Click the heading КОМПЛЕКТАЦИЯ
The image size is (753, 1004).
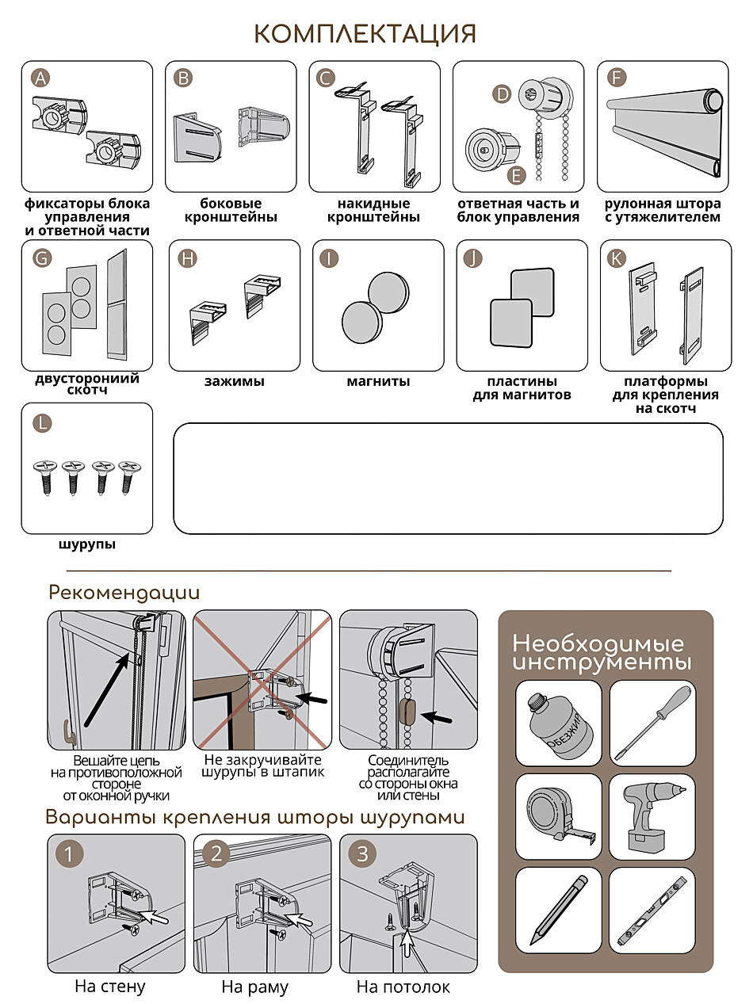pyautogui.click(x=365, y=34)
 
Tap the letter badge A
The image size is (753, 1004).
pyautogui.click(x=41, y=78)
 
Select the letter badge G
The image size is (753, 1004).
pyautogui.click(x=43, y=258)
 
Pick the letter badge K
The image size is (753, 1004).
pyautogui.click(x=616, y=258)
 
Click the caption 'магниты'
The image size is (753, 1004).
pyautogui.click(x=378, y=382)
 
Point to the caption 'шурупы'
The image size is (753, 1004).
pyautogui.click(x=86, y=545)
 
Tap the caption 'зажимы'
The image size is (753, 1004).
pyautogui.click(x=235, y=382)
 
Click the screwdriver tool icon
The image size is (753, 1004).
pyautogui.click(x=652, y=723)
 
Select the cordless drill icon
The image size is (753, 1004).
pyautogui.click(x=652, y=817)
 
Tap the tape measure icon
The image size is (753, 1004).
pyautogui.click(x=558, y=817)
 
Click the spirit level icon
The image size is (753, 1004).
pyautogui.click(x=652, y=910)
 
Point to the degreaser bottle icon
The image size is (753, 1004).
pyautogui.click(x=558, y=723)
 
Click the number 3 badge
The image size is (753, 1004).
pyautogui.click(x=363, y=854)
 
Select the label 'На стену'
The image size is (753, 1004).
pyautogui.click(x=110, y=987)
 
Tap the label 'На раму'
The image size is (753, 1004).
pyautogui.click(x=254, y=987)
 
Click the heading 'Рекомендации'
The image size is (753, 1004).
pyautogui.click(x=124, y=593)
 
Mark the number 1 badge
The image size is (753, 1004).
pyautogui.click(x=71, y=854)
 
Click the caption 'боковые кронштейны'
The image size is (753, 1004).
pyautogui.click(x=231, y=210)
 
